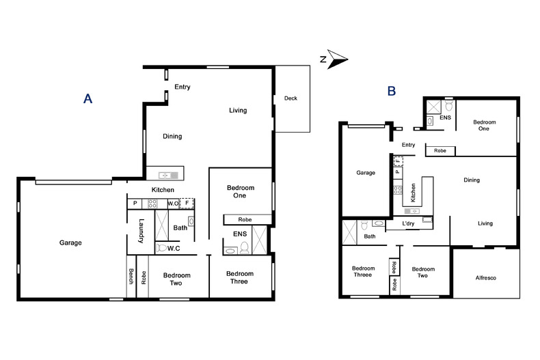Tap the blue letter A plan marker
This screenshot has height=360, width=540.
(x=87, y=99)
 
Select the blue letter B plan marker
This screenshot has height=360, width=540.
(x=391, y=91)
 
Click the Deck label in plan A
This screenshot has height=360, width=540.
(x=291, y=98)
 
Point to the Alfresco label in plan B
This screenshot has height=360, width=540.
(x=487, y=278)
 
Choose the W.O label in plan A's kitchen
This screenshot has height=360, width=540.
(x=173, y=203)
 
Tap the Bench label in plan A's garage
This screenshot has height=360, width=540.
(x=131, y=277)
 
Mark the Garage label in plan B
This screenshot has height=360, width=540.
(x=366, y=173)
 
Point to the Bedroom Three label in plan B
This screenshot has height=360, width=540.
(x=363, y=273)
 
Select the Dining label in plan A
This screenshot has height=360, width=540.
(x=172, y=136)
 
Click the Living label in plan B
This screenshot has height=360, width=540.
(x=485, y=223)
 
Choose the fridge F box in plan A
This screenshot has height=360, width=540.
(x=187, y=203)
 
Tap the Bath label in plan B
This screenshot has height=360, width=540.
(x=370, y=236)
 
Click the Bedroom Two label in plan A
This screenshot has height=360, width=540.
(x=176, y=279)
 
